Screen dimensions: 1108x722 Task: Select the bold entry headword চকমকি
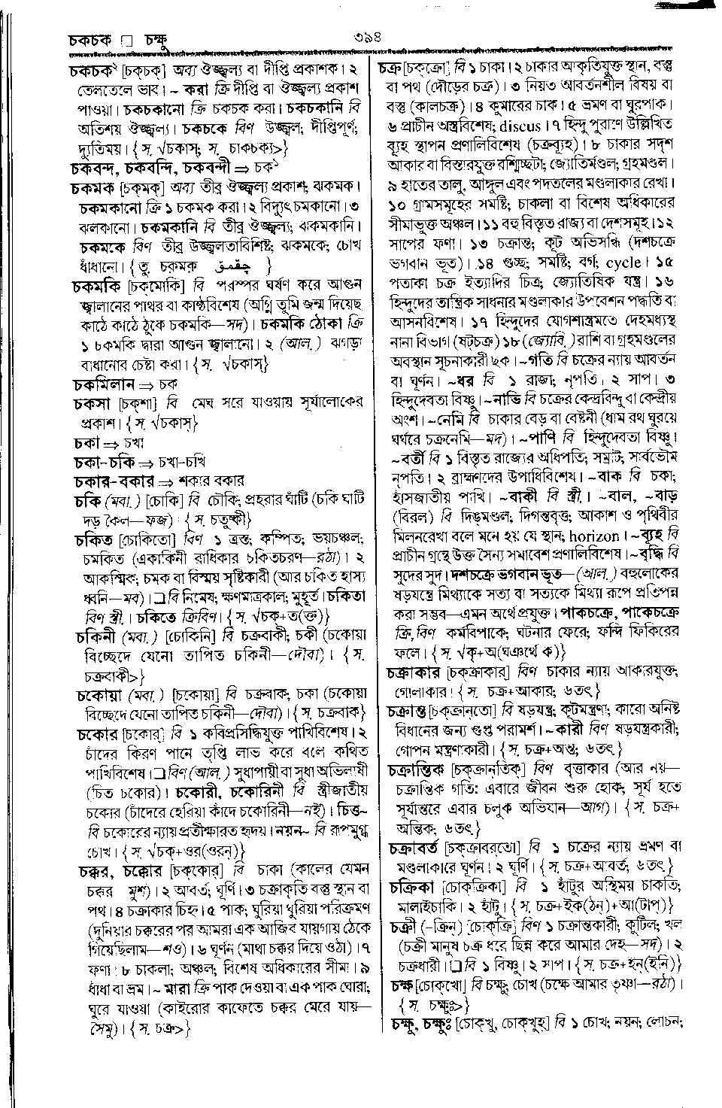pyautogui.click(x=99, y=286)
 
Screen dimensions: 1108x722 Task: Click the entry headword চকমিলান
pyautogui.click(x=105, y=383)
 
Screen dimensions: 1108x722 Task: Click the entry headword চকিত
pyautogui.click(x=93, y=539)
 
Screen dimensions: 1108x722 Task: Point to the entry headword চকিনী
pyautogui.click(x=93, y=636)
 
